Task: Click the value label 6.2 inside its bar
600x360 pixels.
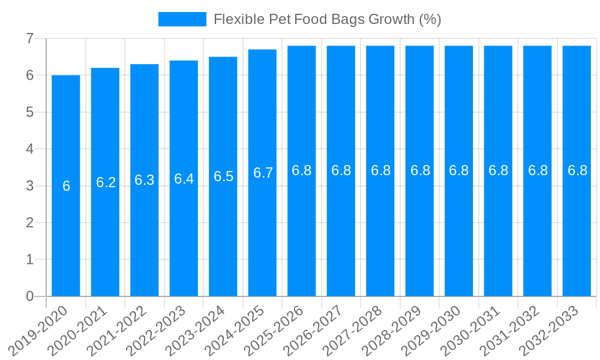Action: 106,182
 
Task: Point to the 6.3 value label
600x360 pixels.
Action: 145,180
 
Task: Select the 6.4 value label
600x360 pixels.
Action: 184,179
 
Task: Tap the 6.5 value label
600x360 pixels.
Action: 223,176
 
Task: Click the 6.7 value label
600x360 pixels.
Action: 263,173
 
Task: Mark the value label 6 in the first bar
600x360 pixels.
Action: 66,186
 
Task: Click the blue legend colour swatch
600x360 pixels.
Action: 182,19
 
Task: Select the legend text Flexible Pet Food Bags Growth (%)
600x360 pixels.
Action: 328,19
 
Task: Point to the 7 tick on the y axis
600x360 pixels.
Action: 29,39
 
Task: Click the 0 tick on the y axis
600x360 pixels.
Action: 29,296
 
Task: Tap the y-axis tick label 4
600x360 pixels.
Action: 29,149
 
